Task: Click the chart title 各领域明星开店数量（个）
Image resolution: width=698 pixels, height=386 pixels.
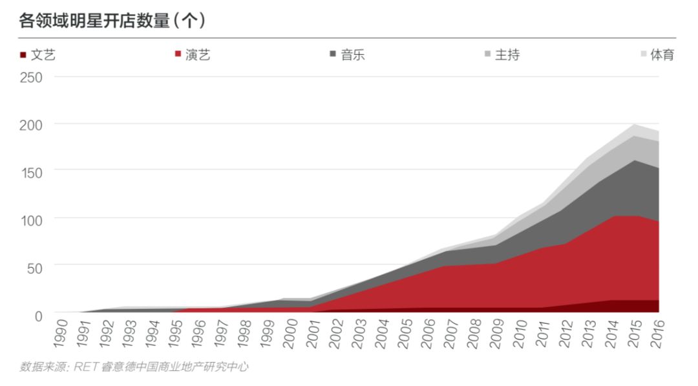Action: (112, 21)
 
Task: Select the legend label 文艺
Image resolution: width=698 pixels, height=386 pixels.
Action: (43, 55)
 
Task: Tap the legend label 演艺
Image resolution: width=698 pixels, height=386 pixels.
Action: (198, 55)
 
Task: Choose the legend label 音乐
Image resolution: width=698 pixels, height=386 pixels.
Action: (353, 55)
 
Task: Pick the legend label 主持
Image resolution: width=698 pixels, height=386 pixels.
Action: (507, 55)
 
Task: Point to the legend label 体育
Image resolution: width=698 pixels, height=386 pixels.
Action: (662, 55)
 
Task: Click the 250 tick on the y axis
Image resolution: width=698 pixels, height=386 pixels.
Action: (30, 78)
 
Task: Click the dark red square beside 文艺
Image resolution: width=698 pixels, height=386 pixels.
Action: (23, 55)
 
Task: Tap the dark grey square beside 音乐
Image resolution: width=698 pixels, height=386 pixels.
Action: (333, 55)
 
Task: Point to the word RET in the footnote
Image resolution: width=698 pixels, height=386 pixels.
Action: (85, 367)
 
